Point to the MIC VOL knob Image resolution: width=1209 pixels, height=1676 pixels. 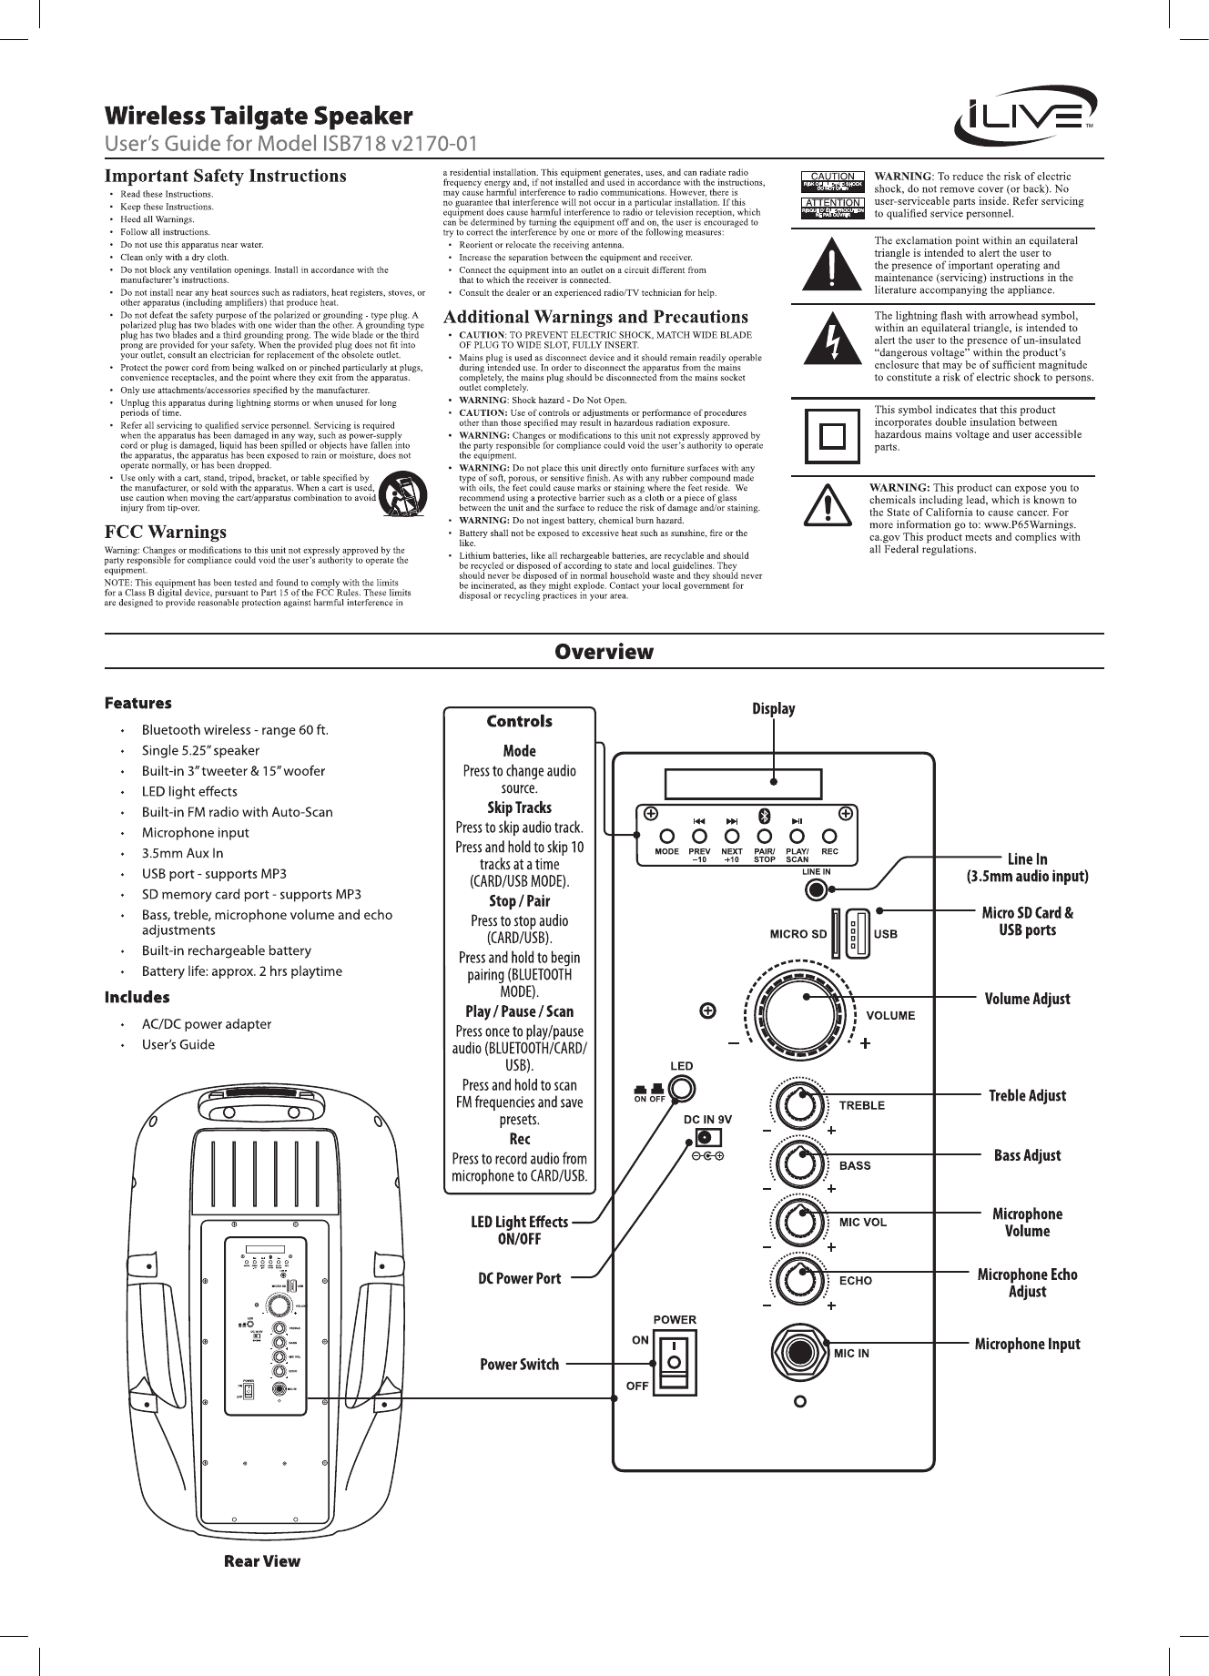pos(800,1221)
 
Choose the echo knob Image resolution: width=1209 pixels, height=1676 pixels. pos(800,1278)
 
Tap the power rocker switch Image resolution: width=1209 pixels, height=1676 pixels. pos(674,1361)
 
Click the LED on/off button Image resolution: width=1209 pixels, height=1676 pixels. pos(680,1088)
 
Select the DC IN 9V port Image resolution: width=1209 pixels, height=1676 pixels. pos(706,1137)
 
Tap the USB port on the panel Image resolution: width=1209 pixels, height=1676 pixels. pos(857,932)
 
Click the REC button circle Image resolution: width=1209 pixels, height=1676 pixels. pos(829,836)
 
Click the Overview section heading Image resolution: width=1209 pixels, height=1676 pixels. pos(604,652)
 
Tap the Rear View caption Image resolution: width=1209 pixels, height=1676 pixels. pos(262,1561)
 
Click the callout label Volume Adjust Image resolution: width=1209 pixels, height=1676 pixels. pos(1028,999)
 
